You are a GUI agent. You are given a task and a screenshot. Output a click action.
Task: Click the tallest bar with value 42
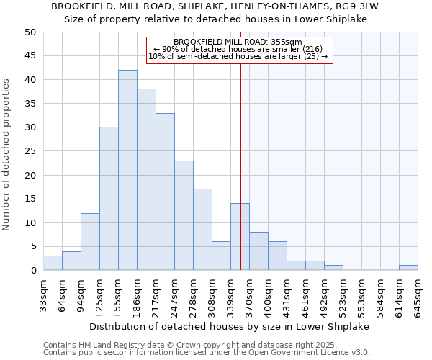pyautogui.click(x=127, y=170)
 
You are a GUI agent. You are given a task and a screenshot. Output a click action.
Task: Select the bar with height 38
pyautogui.click(x=146, y=179)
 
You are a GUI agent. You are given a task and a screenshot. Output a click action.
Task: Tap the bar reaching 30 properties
pyautogui.click(x=109, y=199)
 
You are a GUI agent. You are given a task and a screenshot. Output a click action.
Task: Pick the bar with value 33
pyautogui.click(x=165, y=192)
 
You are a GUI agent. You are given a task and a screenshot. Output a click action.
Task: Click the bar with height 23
pyautogui.click(x=184, y=215)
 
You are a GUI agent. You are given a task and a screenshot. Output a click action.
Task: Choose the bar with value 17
pyautogui.click(x=202, y=230)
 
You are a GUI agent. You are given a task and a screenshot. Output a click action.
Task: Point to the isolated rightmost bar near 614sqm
pyautogui.click(x=408, y=268)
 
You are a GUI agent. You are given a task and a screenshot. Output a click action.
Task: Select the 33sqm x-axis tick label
pyautogui.click(x=43, y=294)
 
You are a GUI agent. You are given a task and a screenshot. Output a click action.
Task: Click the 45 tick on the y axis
pyautogui.click(x=30, y=56)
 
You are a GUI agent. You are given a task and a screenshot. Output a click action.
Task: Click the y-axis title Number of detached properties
pyautogui.click(x=6, y=164)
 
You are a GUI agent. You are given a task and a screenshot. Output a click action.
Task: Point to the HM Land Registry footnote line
pyautogui.click(x=170, y=345)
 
